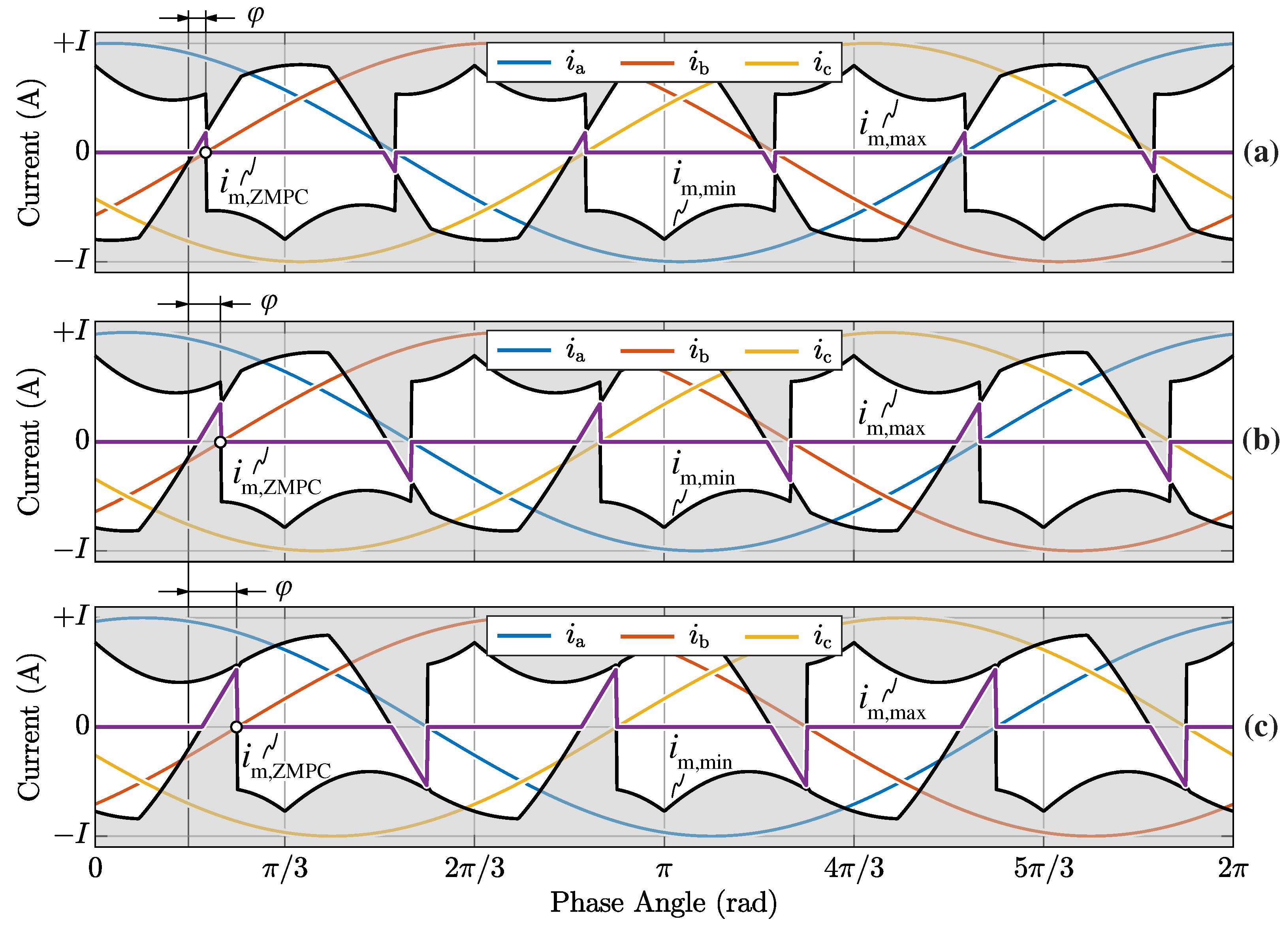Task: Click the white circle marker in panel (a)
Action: point(206,152)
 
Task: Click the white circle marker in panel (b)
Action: point(220,442)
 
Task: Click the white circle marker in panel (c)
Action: point(236,727)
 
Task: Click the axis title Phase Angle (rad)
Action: point(664,903)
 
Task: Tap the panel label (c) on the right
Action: point(1261,727)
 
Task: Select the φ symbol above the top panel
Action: point(256,15)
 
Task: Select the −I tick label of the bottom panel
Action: point(71,834)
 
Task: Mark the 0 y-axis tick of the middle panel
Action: point(83,440)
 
